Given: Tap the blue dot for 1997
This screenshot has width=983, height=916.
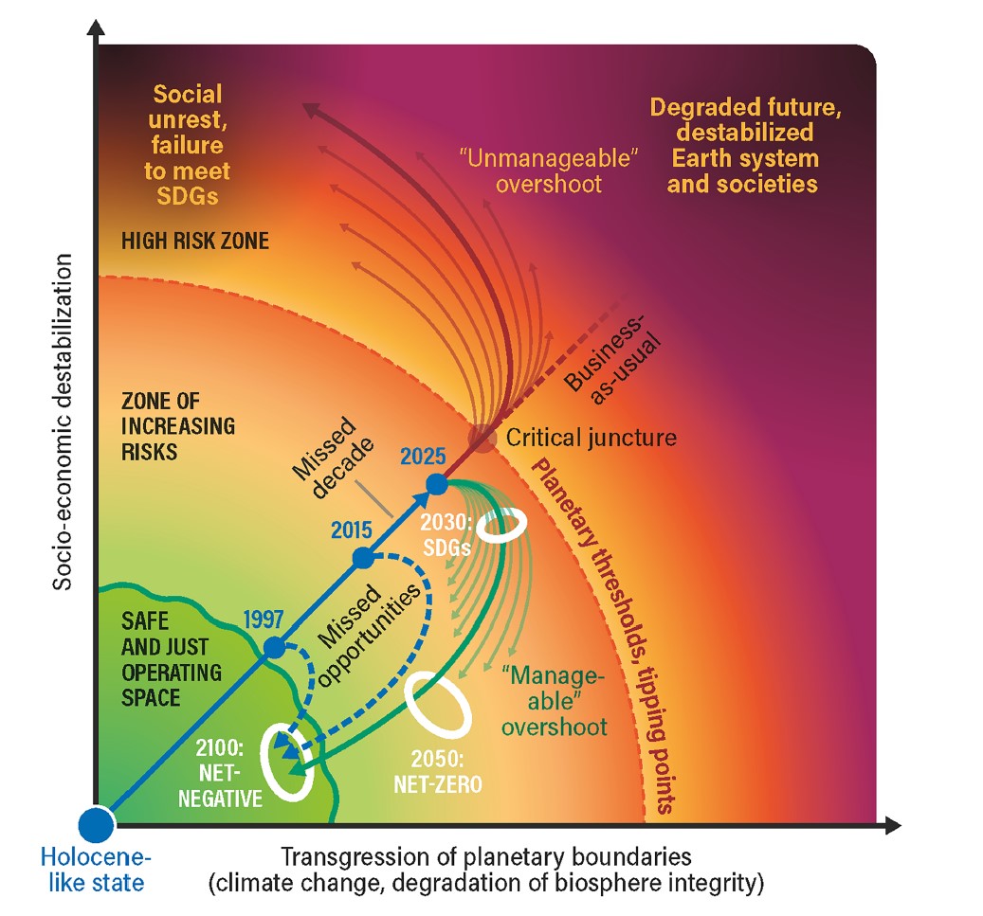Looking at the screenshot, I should [274, 648].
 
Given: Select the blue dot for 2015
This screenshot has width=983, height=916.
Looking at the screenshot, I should [362, 558].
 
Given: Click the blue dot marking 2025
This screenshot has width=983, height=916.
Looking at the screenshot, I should [436, 484].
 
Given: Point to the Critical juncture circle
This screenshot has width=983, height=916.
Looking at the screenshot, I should [482, 439].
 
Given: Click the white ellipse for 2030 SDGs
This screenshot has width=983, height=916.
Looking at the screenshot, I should [501, 529].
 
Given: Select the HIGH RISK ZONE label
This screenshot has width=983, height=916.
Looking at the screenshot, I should [194, 241].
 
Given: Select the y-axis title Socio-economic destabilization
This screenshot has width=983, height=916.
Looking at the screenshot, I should [63, 426].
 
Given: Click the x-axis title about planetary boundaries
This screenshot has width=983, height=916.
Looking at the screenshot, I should [486, 870].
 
